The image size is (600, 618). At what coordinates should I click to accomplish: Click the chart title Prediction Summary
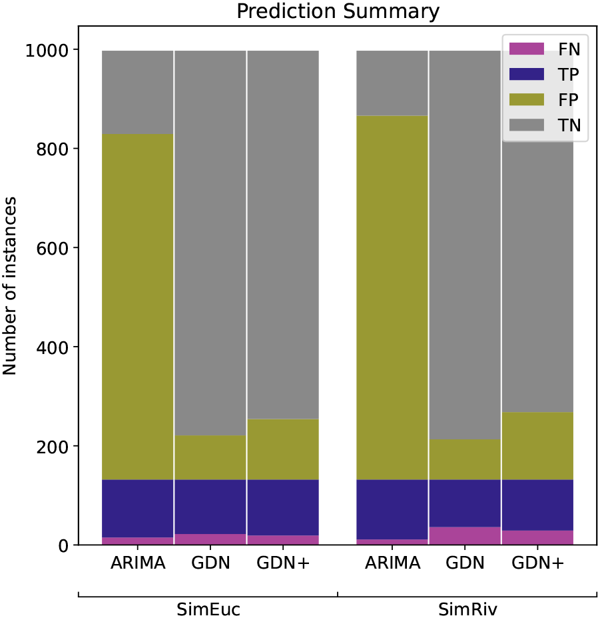(x=338, y=11)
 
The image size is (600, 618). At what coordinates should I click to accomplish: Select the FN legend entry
(x=545, y=48)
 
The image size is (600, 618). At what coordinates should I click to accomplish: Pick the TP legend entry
(x=545, y=73)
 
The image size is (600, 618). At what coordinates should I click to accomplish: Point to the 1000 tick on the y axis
(x=47, y=50)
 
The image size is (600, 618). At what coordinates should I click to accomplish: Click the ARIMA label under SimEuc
(x=138, y=564)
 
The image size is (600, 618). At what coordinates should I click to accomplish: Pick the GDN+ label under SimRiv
(x=538, y=564)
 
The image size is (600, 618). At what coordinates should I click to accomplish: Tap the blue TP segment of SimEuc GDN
(x=210, y=507)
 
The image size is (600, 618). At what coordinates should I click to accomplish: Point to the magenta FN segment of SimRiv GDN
(x=465, y=536)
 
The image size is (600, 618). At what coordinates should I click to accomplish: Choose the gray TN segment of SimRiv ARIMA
(x=392, y=83)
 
